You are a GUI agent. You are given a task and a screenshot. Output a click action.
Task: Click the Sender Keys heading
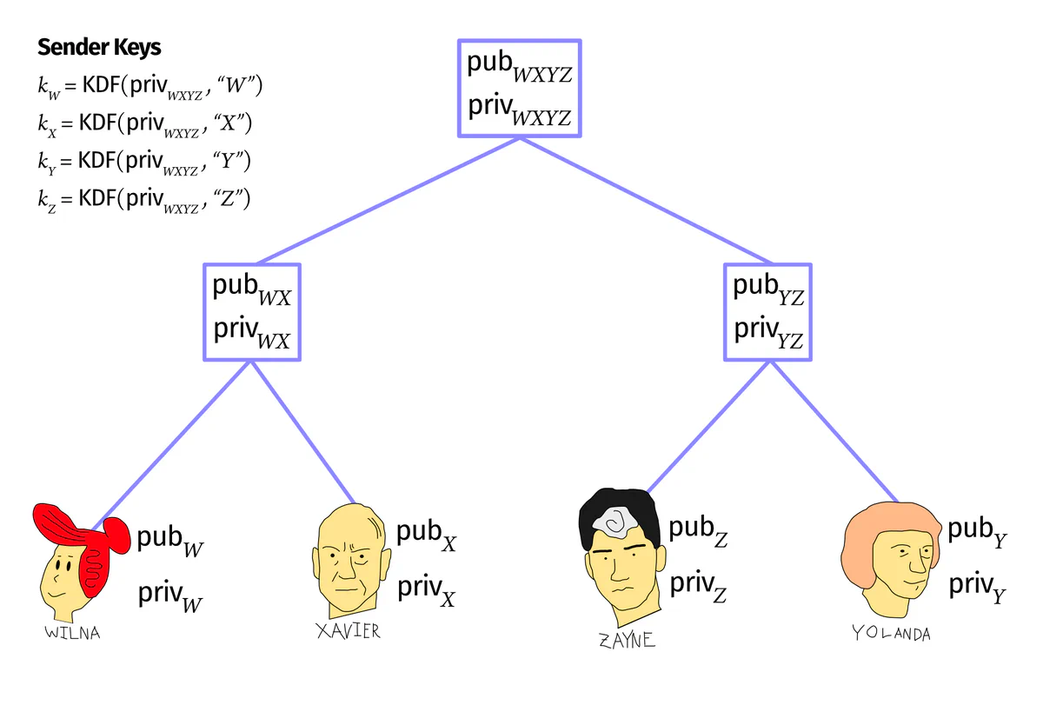[99, 48]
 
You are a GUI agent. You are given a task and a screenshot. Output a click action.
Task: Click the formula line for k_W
[149, 87]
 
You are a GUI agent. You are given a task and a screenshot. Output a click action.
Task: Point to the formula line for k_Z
[144, 200]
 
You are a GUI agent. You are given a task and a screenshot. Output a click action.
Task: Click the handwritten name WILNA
[72, 633]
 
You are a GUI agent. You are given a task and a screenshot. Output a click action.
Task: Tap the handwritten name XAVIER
[349, 631]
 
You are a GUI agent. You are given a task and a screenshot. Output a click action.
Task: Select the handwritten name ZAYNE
[627, 641]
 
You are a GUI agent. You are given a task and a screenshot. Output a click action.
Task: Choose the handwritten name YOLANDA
[891, 634]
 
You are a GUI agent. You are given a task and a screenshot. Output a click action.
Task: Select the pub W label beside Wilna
[170, 540]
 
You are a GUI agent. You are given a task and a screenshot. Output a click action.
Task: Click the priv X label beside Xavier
[426, 590]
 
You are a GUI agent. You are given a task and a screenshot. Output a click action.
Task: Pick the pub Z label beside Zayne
[698, 531]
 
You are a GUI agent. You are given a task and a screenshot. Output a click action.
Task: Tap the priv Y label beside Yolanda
[977, 587]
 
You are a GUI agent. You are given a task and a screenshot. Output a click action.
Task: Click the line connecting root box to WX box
[389, 201]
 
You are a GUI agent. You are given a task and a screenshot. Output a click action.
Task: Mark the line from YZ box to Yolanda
[834, 432]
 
